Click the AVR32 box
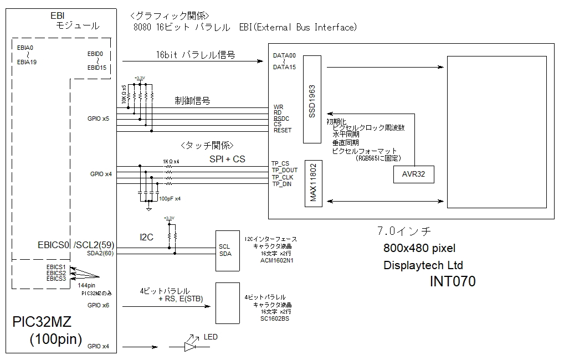coord(414,173)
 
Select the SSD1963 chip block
coord(312,100)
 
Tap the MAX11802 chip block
coord(313,183)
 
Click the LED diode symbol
coord(190,347)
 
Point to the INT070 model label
coord(453,282)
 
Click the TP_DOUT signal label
coord(285,171)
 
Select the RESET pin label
coord(283,130)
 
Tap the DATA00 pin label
coord(284,55)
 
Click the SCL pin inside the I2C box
coord(224,246)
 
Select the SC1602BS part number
coord(275,319)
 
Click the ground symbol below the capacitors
coord(148,208)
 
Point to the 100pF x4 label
coord(170,198)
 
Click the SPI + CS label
coord(227,159)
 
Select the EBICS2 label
coord(56,273)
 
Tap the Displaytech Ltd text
coord(423,265)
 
